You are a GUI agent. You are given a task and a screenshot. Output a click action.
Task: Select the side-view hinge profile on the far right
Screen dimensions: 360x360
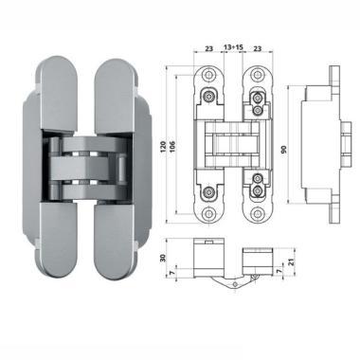(x=322, y=144)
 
